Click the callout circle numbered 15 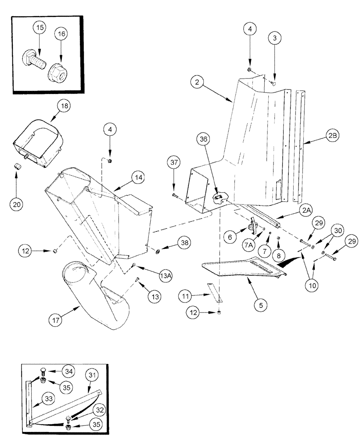coord(40,28)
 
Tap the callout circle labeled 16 coord(61,33)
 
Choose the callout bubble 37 coord(174,163)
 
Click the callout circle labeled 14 coord(139,179)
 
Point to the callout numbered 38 coord(185,243)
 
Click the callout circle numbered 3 coord(275,39)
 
